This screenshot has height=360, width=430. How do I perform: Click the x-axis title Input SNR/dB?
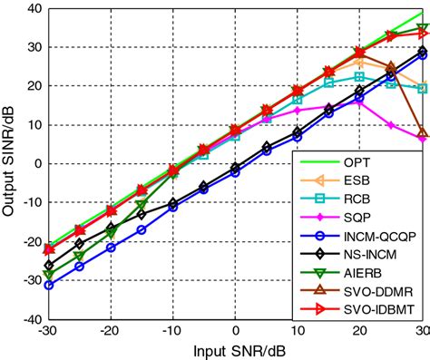235,349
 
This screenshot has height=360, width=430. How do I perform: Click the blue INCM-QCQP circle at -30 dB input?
47,285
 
